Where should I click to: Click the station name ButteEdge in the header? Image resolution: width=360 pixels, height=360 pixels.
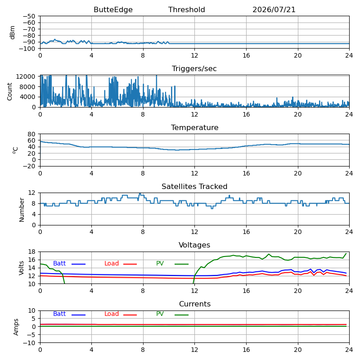pos(113,9)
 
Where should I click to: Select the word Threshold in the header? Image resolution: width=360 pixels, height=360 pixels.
pos(186,9)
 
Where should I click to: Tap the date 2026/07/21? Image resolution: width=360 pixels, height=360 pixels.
pos(274,9)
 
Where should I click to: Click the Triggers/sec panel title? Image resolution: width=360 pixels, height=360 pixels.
pos(194,69)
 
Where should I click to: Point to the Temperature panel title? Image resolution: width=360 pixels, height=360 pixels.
pos(194,127)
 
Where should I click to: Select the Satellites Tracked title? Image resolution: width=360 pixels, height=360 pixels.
pos(194,186)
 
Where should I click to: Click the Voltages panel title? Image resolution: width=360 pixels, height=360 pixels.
pos(194,245)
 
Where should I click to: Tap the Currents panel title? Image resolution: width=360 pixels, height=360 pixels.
pos(195,304)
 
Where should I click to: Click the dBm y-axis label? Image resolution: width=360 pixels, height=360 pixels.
pos(13,32)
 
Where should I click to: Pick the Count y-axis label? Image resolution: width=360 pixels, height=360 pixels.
pos(9,91)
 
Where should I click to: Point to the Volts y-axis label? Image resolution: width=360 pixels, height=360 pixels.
pos(21,268)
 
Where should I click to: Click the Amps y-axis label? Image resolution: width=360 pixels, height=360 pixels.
pos(16,327)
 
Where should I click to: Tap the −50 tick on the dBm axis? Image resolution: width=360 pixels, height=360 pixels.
pos(29,16)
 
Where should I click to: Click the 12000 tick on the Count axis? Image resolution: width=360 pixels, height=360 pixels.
pos(26,76)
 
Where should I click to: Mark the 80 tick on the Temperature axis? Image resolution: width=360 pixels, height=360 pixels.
pos(31,134)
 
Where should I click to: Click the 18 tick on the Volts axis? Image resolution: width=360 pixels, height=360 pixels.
pos(31,252)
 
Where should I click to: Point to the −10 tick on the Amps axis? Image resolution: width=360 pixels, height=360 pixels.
pos(29,343)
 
